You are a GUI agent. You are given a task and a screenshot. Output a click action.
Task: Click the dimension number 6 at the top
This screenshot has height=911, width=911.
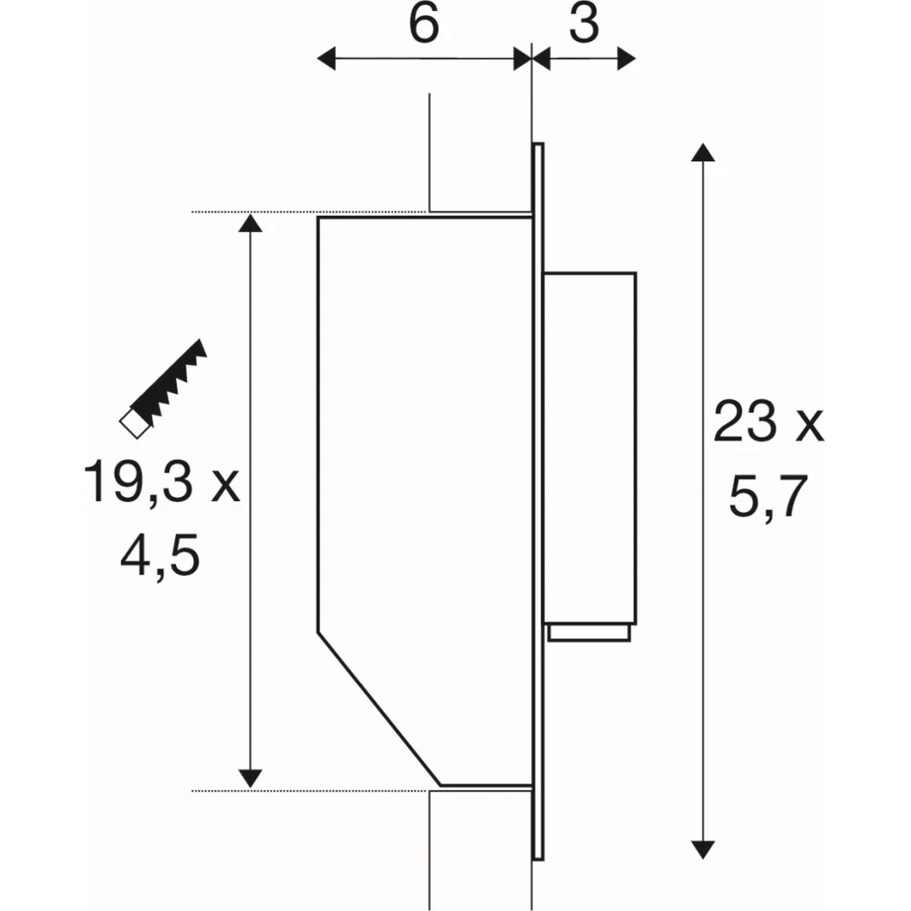[425, 25]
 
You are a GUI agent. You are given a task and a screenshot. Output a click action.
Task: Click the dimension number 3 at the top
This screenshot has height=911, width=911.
[584, 25]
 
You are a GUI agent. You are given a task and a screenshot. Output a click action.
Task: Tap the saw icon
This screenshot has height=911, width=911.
[163, 388]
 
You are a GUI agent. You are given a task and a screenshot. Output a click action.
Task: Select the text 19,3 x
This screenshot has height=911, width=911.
[161, 482]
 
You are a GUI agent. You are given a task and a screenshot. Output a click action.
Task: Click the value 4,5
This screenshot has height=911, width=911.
[160, 555]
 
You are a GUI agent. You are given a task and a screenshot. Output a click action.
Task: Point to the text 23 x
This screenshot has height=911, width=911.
[768, 421]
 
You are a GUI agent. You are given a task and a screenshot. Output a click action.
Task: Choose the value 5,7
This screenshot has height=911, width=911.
[768, 496]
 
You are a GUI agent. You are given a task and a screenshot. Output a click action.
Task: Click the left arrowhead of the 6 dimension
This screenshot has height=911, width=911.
[326, 58]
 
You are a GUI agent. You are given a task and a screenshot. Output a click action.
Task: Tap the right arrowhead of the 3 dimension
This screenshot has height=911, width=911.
[627, 58]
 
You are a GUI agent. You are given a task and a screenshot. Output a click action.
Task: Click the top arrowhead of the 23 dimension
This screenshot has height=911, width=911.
[703, 152]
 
